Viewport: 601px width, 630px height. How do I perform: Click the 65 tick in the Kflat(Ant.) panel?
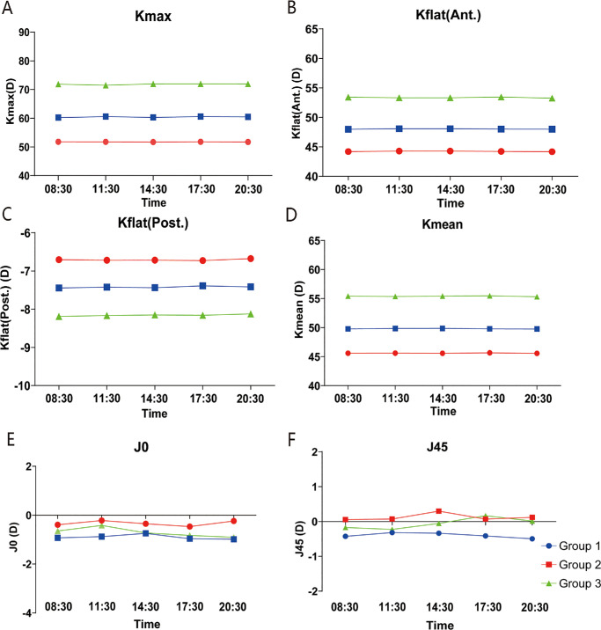pos(348,29)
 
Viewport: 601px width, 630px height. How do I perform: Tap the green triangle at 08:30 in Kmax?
pos(59,84)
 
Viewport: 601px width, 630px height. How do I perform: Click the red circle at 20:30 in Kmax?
pos(247,142)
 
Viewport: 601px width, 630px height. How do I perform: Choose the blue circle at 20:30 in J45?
pos(532,538)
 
